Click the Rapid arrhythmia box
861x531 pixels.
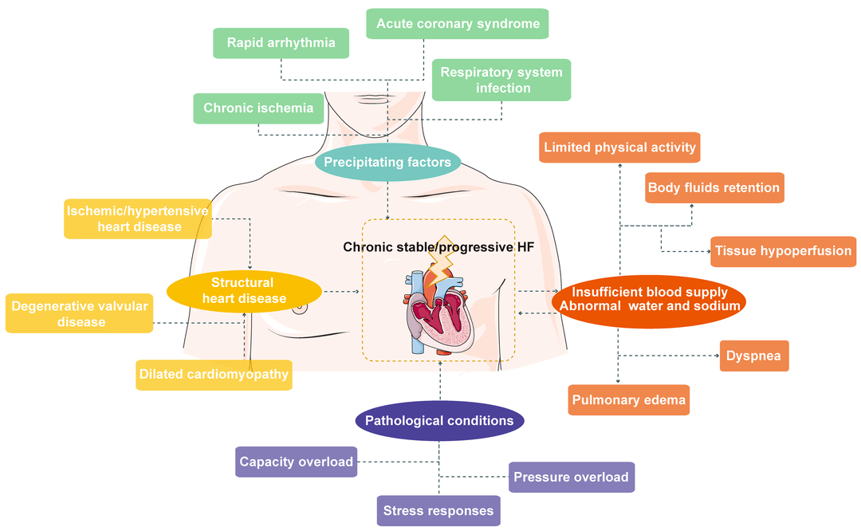click(281, 43)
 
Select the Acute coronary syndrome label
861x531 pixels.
click(458, 24)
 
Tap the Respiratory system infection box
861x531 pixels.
click(501, 81)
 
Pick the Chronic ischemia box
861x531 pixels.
click(258, 108)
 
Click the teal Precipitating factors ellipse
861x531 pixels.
click(387, 162)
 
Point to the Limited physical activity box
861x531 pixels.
click(619, 147)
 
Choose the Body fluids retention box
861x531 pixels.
click(714, 188)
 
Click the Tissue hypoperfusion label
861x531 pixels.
click(784, 251)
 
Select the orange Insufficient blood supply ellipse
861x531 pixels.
click(649, 301)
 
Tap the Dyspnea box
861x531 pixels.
click(754, 356)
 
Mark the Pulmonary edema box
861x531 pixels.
click(629, 399)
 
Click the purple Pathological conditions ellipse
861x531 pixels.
click(439, 421)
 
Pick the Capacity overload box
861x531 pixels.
click(297, 462)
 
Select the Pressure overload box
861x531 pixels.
click(572, 478)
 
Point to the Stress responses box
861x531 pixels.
click(438, 511)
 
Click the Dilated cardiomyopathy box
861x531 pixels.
click(214, 375)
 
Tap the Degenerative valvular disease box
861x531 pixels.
click(80, 313)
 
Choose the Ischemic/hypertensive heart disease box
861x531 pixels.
click(138, 219)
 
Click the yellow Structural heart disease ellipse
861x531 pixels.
click(244, 291)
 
